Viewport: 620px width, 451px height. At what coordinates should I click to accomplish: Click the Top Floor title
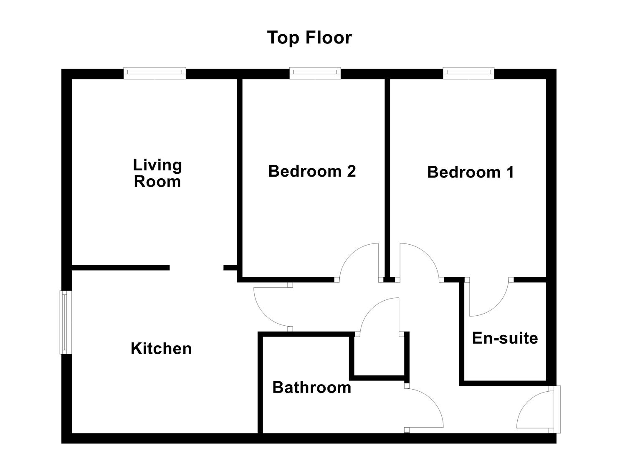tap(309, 38)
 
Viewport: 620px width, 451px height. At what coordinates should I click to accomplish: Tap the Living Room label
tap(157, 173)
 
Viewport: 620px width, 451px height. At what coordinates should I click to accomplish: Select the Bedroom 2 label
tap(312, 171)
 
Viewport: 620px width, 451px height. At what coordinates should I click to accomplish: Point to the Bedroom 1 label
tap(470, 172)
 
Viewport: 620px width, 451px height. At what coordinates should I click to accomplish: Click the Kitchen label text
tap(161, 349)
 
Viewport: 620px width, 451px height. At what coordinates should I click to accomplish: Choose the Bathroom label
tap(311, 388)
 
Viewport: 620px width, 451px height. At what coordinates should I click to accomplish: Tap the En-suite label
tap(505, 338)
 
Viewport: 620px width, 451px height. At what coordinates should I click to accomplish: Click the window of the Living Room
tap(155, 73)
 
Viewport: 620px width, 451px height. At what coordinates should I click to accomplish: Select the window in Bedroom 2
tap(315, 73)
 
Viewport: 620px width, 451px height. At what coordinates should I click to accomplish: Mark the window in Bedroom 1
tap(468, 73)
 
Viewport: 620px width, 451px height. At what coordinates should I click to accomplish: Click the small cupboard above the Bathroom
tap(379, 355)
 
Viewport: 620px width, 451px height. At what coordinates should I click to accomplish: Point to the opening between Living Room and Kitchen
tap(196, 268)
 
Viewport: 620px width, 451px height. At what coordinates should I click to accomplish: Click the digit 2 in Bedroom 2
tap(351, 171)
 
